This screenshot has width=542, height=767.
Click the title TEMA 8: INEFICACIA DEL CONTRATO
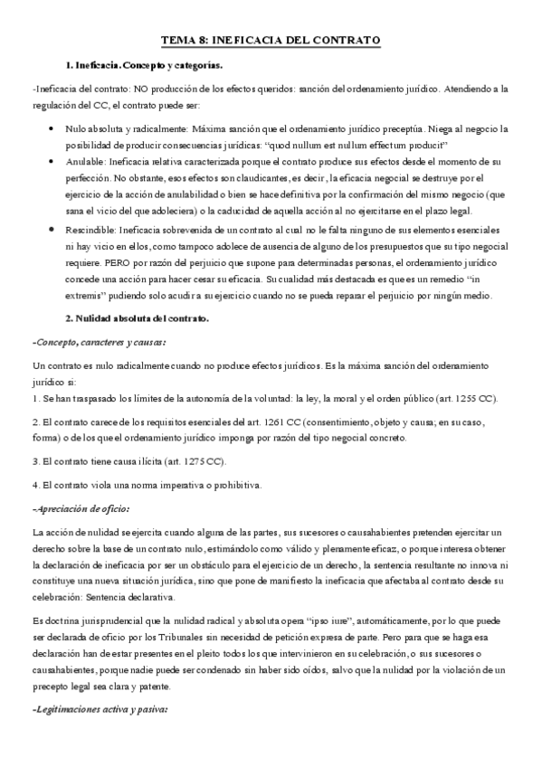[x=271, y=40]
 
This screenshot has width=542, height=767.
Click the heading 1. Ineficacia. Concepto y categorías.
[x=144, y=66]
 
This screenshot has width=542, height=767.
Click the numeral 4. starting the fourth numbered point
[x=35, y=485]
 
